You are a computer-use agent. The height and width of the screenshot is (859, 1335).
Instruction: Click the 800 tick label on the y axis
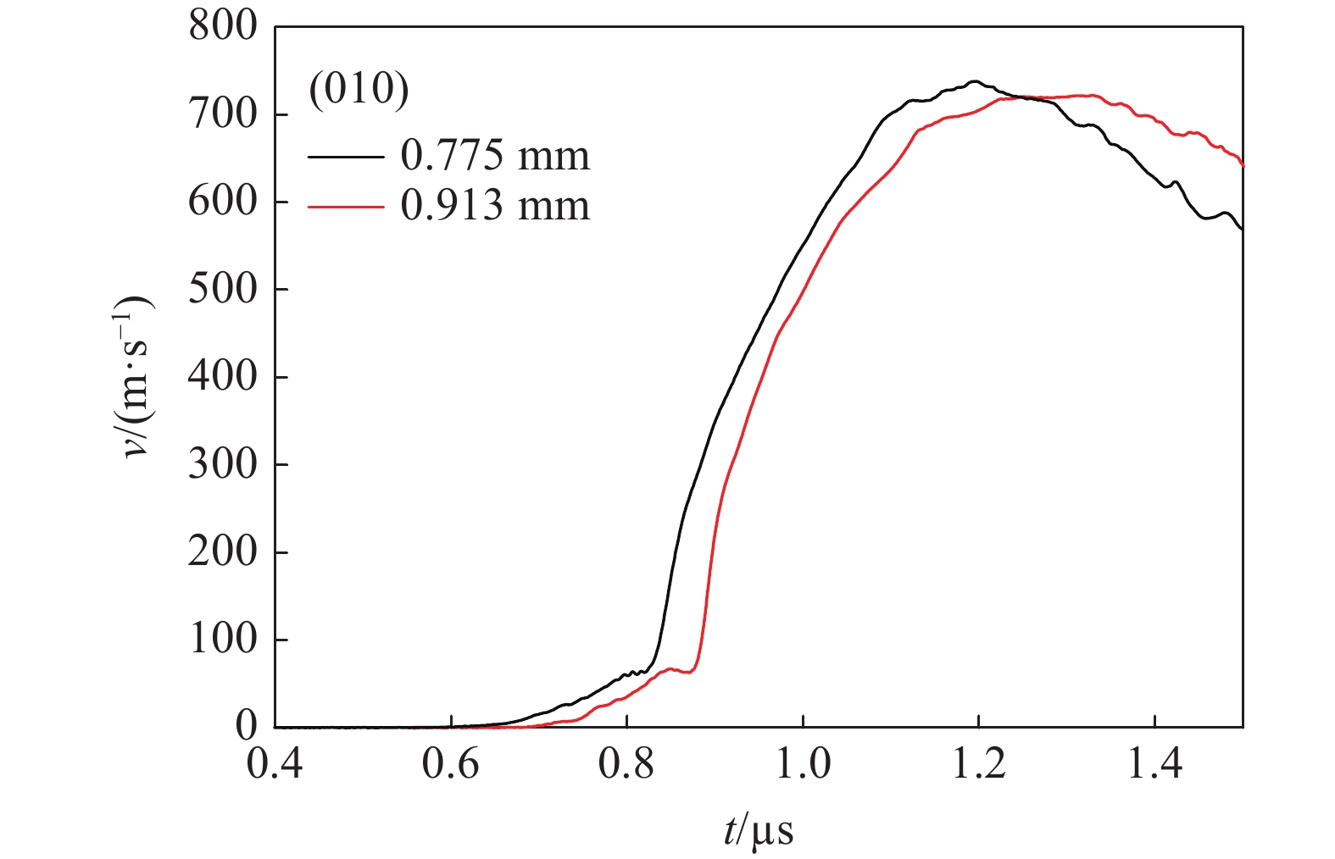(222, 26)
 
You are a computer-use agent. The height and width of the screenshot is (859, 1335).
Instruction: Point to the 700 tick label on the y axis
(222, 114)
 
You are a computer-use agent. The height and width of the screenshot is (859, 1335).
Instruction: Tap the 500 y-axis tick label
(222, 289)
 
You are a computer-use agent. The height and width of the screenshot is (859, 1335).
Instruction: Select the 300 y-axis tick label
(222, 464)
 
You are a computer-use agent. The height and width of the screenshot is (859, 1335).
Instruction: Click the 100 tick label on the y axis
(222, 639)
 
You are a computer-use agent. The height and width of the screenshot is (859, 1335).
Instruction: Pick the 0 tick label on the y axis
(246, 726)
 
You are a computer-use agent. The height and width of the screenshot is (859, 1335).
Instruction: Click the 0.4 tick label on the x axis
(275, 765)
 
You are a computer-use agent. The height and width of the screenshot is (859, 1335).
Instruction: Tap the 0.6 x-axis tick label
(451, 765)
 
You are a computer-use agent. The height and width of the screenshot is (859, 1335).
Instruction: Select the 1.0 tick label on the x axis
(802, 765)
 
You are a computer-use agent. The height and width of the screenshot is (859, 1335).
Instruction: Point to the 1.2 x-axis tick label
(978, 765)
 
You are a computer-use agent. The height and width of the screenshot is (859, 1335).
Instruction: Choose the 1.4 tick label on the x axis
(1154, 765)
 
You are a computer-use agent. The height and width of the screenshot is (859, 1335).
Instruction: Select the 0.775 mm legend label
(495, 156)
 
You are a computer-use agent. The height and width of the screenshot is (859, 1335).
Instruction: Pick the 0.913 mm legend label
(495, 206)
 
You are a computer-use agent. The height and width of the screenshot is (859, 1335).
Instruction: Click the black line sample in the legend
(345, 157)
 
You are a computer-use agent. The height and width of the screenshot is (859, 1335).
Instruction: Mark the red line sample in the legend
(345, 207)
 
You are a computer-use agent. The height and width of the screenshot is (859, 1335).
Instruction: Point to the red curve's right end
(1243, 166)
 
